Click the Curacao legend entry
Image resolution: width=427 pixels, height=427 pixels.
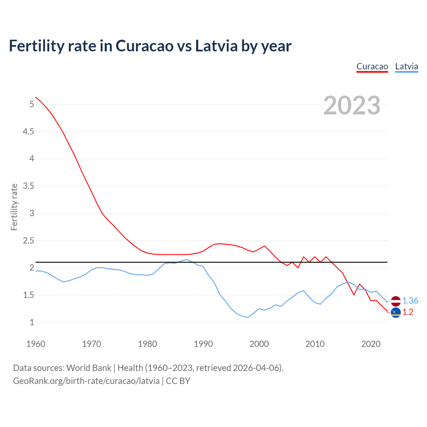[372, 66]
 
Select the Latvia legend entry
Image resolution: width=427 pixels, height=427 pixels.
[406, 66]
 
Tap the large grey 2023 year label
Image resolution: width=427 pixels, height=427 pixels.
[352, 105]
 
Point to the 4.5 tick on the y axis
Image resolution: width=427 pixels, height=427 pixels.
[28, 132]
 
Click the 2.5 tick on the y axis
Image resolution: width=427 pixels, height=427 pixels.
[28, 241]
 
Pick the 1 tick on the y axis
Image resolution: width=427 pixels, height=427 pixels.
[32, 323]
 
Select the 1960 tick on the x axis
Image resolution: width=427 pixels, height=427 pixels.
[36, 344]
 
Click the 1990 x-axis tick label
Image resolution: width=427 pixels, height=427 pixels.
[203, 344]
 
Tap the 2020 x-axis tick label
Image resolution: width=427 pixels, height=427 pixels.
[371, 344]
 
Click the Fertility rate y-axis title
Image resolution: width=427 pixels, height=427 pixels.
[14, 207]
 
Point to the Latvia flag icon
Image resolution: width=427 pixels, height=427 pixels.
[396, 301]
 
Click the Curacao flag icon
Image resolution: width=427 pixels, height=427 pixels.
[396, 313]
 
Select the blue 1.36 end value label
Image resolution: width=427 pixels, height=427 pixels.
[410, 301]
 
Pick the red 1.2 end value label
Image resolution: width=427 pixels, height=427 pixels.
[408, 312]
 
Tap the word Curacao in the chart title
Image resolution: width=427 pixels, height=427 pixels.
[144, 46]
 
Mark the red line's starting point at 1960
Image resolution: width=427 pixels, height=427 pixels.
[36, 97]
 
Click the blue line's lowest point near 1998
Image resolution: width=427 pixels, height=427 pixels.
[248, 317]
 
